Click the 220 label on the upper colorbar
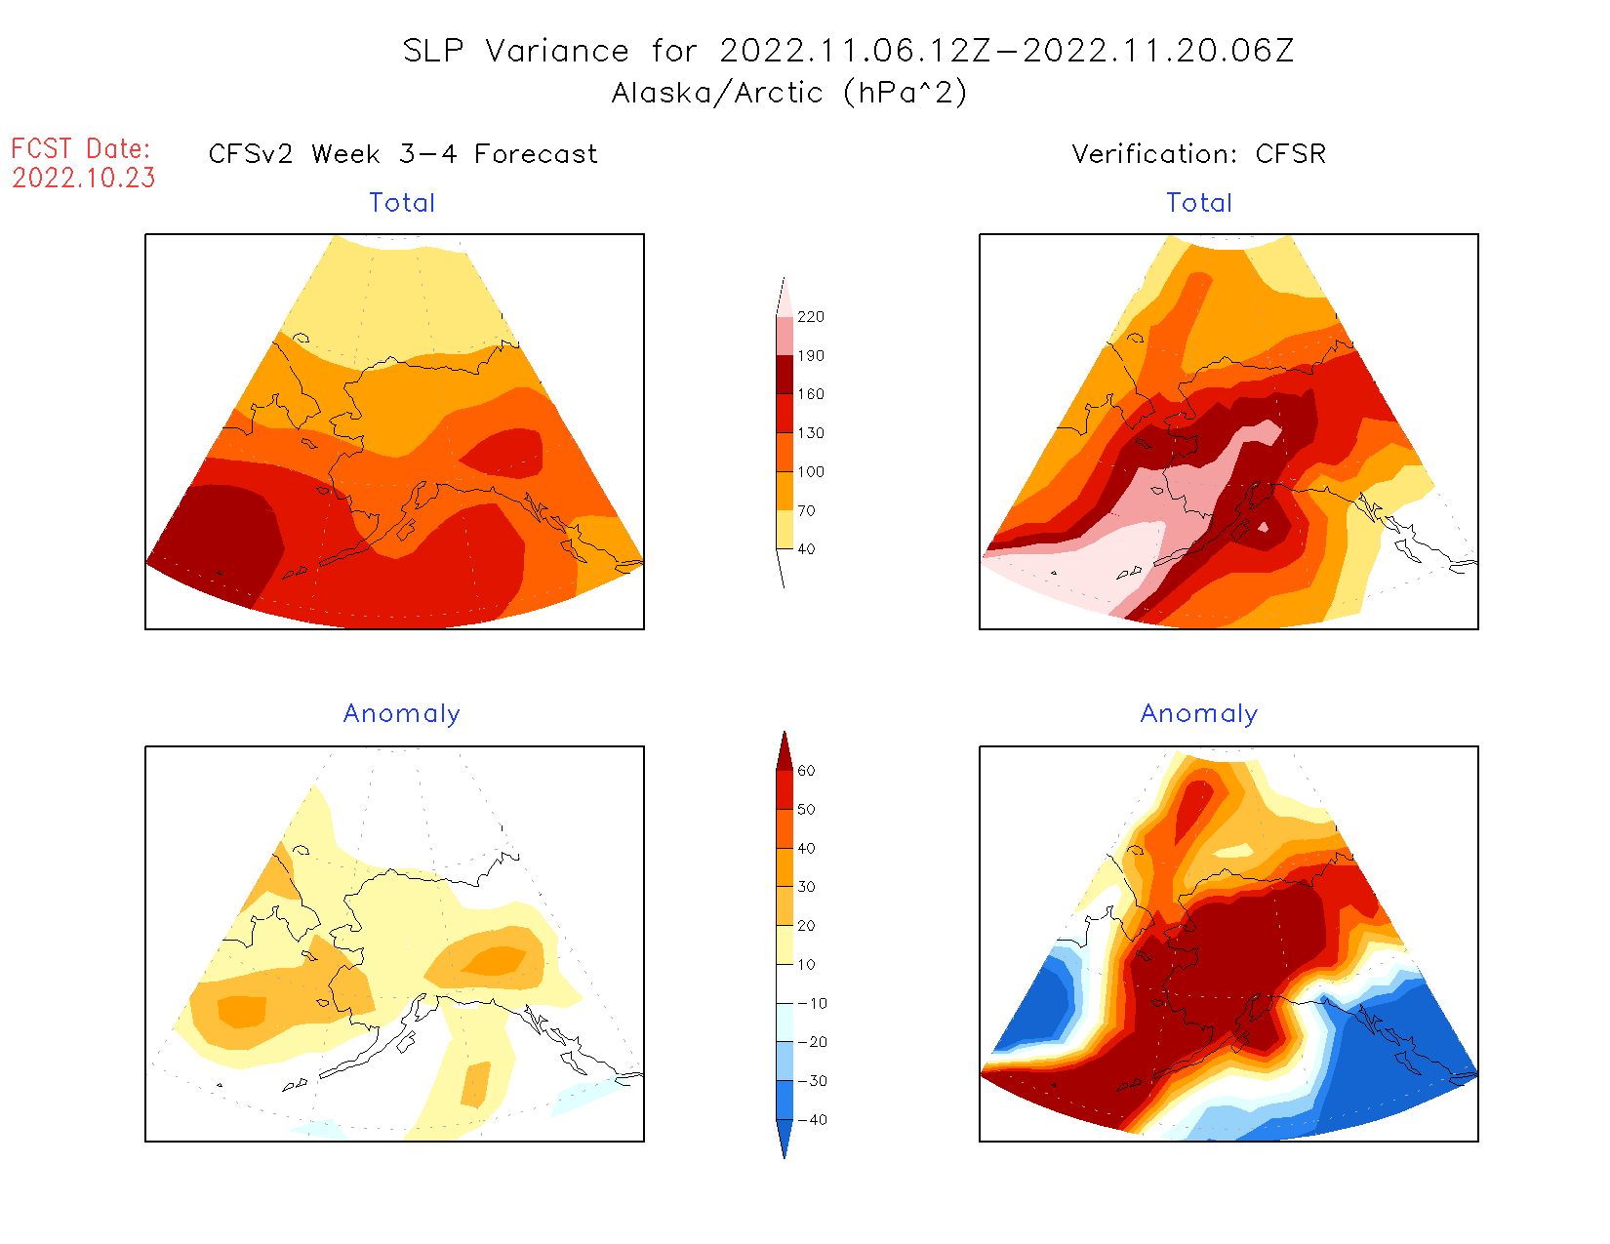(810, 317)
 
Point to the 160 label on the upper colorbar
(810, 394)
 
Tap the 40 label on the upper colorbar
(806, 549)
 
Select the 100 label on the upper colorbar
(810, 472)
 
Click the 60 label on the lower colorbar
(806, 771)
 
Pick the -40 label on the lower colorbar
(811, 1120)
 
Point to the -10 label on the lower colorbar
(811, 1004)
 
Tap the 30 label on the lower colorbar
(806, 887)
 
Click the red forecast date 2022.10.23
(84, 179)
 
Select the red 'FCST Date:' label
(81, 149)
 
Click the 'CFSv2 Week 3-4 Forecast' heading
(403, 154)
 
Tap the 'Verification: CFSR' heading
(1198, 154)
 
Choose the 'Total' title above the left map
(402, 203)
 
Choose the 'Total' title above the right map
(1199, 203)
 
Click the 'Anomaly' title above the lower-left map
(401, 714)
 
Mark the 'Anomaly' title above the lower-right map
(1199, 714)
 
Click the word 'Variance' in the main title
(557, 51)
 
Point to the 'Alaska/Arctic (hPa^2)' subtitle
(789, 93)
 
